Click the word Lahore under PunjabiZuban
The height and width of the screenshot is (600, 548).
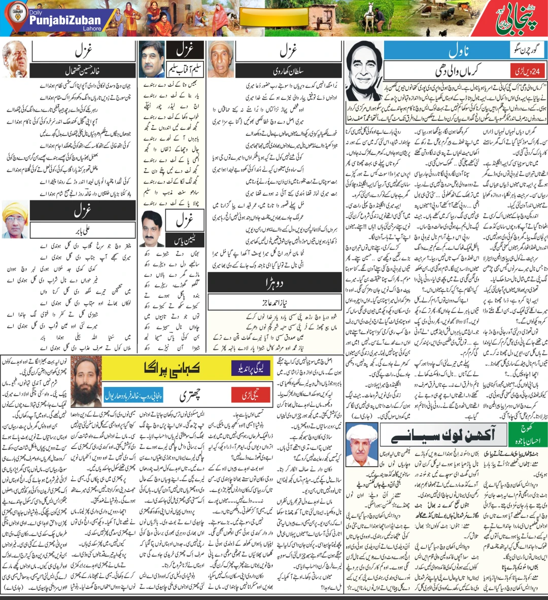click(92, 29)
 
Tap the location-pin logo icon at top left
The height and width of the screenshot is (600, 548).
click(16, 18)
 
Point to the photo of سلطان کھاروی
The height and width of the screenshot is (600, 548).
click(221, 59)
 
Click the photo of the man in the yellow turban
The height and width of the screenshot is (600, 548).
click(15, 220)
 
